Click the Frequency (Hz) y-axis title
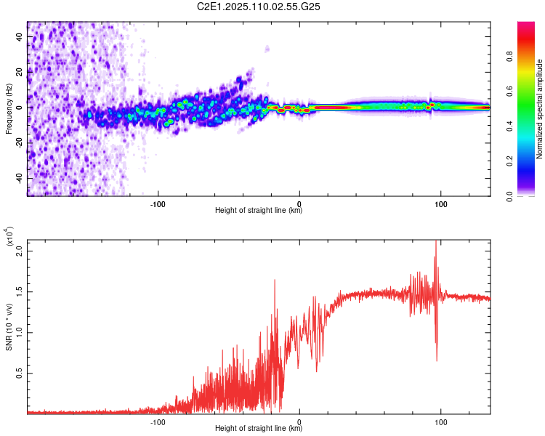[9, 109]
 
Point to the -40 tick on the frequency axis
[19, 178]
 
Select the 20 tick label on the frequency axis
[20, 72]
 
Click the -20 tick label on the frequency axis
[19, 142]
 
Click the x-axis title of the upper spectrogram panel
[259, 211]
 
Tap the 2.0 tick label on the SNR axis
[20, 251]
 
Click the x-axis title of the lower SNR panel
[259, 429]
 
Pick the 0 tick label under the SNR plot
[300, 421]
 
